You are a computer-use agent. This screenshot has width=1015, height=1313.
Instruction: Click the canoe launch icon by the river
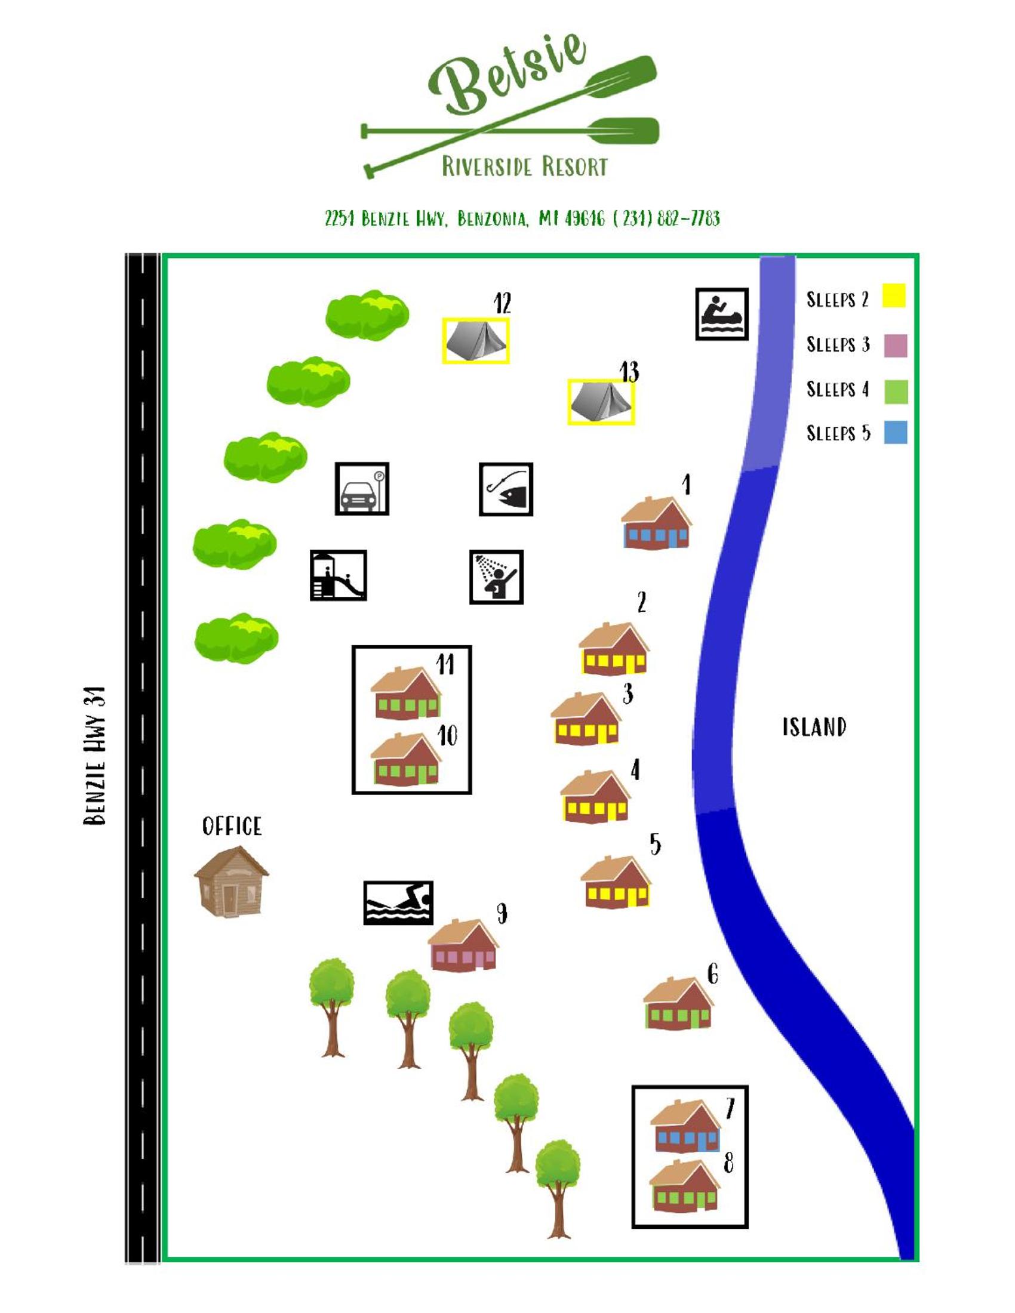point(722,314)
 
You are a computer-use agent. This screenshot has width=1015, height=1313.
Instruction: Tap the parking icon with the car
point(362,488)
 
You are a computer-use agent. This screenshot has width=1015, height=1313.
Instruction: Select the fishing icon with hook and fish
point(506,489)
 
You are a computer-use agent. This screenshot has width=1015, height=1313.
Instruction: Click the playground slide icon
point(338,575)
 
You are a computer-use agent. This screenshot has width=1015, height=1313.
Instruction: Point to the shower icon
point(496,577)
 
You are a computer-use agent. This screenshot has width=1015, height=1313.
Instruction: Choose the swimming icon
point(398,902)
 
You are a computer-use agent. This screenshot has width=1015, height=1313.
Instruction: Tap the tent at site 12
point(476,340)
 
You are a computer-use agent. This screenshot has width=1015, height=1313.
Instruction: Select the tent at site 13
point(601,402)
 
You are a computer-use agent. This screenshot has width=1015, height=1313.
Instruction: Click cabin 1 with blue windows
point(656,522)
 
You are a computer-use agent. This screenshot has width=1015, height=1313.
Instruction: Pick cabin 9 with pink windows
point(463,945)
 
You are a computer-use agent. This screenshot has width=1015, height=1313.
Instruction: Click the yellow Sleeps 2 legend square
point(894,296)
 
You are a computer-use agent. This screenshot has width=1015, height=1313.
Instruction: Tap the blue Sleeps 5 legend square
point(896,432)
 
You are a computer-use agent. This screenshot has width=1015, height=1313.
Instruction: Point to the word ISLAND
point(814,727)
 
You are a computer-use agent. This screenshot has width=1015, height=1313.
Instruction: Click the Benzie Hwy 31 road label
point(94,755)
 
